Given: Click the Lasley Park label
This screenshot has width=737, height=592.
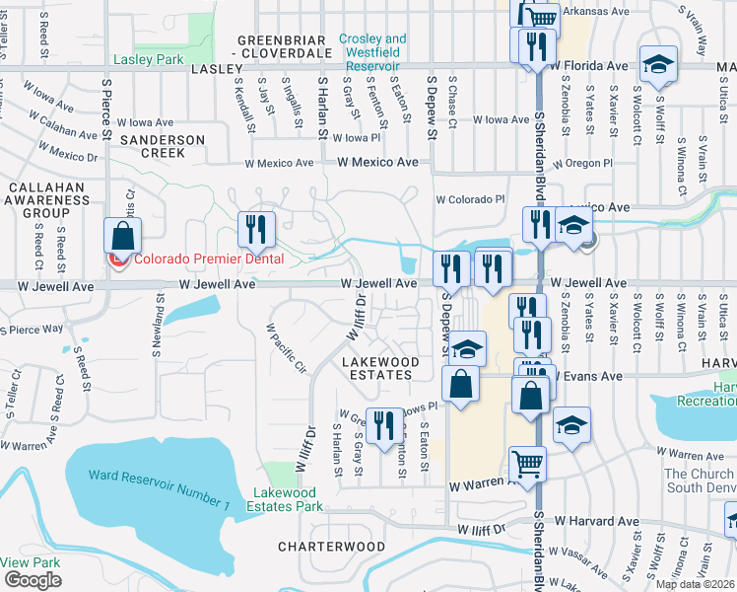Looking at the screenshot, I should point(149,59).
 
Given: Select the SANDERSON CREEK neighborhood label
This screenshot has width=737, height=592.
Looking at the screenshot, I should point(163,147).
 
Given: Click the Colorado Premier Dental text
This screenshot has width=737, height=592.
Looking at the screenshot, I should point(208,259).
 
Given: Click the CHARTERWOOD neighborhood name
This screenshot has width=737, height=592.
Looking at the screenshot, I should point(331,546).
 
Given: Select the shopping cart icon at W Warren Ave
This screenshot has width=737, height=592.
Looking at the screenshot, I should point(528,462).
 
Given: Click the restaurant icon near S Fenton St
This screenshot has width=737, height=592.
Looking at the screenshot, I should point(384,424).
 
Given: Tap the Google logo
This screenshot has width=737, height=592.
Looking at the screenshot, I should point(33,580).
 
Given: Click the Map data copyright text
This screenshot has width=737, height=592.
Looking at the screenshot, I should point(694,584).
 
